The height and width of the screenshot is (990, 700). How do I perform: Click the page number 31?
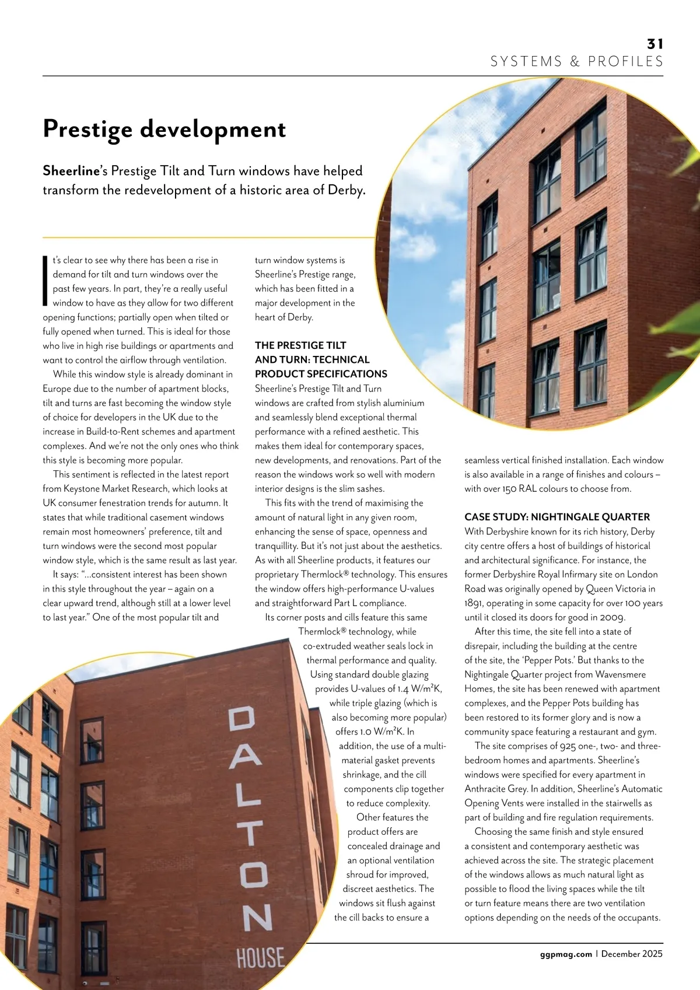(655, 44)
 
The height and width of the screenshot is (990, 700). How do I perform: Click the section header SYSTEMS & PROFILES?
(576, 62)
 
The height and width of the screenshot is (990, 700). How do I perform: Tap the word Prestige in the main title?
(87, 130)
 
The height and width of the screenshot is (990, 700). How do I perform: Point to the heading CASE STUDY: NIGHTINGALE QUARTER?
(556, 517)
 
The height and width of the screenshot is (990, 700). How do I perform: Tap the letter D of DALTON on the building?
(242, 719)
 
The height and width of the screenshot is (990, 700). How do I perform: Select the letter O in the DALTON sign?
(254, 874)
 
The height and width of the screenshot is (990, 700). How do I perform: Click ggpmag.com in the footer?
(566, 954)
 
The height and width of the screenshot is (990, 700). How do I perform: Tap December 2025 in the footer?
(632, 954)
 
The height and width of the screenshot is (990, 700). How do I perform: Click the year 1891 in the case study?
(474, 603)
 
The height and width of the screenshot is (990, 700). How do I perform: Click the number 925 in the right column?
(568, 746)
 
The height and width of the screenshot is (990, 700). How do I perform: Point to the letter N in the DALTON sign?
(257, 918)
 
